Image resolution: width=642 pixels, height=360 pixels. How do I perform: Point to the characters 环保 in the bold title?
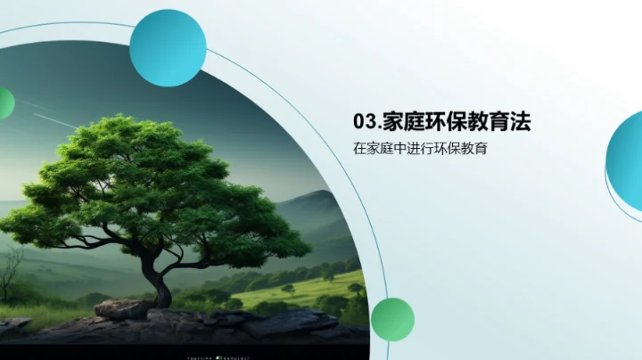pyautogui.click(x=452, y=121)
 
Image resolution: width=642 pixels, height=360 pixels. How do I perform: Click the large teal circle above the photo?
pyautogui.click(x=168, y=48)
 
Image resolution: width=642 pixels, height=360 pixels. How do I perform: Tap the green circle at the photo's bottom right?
pyautogui.click(x=392, y=319)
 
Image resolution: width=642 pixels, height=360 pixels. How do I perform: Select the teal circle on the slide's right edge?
pyautogui.click(x=627, y=159)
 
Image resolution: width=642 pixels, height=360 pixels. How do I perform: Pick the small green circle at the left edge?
pyautogui.click(x=4, y=103)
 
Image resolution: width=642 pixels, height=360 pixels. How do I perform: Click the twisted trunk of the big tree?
pyautogui.click(x=160, y=283)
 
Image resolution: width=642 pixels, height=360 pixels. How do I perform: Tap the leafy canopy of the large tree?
pyautogui.click(x=160, y=178)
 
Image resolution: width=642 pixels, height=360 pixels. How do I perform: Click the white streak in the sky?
pyautogui.click(x=53, y=119)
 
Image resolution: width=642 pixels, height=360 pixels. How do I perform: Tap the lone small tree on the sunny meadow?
pyautogui.click(x=288, y=290)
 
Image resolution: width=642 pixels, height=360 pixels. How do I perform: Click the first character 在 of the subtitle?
pyautogui.click(x=359, y=149)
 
